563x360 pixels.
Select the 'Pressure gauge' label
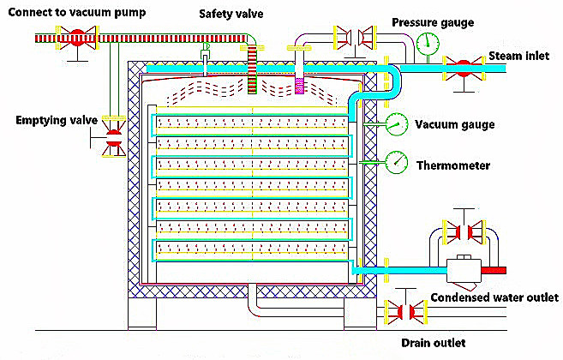coord(432,22)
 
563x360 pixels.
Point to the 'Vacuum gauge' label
coord(454,124)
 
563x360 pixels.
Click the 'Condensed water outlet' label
coord(494,297)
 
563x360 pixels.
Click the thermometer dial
coord(396,161)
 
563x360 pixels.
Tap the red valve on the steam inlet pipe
coord(463,65)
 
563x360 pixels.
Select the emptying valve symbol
coord(111,137)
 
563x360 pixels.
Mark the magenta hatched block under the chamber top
coord(300,86)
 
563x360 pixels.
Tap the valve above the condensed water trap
coord(463,232)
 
